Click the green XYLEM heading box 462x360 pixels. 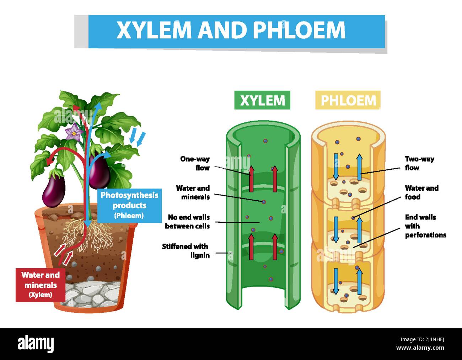262,100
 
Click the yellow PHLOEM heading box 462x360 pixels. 348,100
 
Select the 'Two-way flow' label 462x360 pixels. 419,163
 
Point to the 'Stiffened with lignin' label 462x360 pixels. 186,250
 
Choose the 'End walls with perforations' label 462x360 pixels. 425,226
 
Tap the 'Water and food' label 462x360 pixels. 421,192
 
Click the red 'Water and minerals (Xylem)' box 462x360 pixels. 40,285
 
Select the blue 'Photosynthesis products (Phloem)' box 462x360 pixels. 129,205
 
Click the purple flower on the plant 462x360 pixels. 74,133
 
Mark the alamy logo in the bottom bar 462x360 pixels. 36,344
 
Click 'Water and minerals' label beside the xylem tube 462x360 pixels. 193,192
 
